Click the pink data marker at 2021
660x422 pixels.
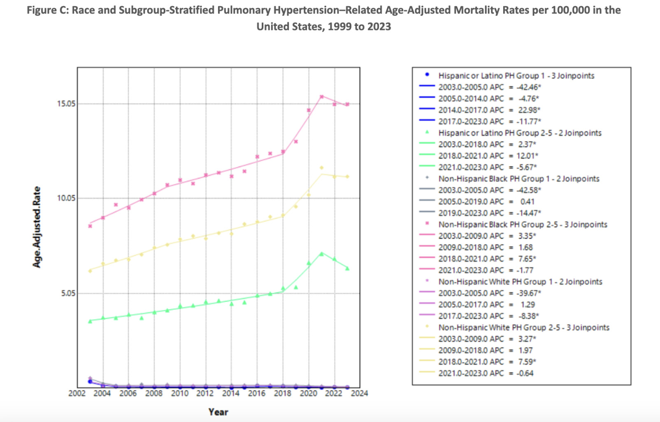(322, 97)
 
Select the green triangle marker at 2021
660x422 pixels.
(321, 254)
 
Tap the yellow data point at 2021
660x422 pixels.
(321, 168)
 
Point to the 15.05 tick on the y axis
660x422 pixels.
(66, 104)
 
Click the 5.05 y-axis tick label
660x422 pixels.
(66, 293)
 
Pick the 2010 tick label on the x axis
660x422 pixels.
(179, 394)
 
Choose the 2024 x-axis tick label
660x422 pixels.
(359, 394)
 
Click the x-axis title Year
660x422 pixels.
(218, 412)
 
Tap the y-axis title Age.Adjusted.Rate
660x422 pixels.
(37, 227)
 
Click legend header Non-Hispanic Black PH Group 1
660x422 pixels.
(518, 179)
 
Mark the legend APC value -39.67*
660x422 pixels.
(529, 293)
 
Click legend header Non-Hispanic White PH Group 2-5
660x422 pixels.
(523, 327)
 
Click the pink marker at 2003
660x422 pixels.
(90, 226)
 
